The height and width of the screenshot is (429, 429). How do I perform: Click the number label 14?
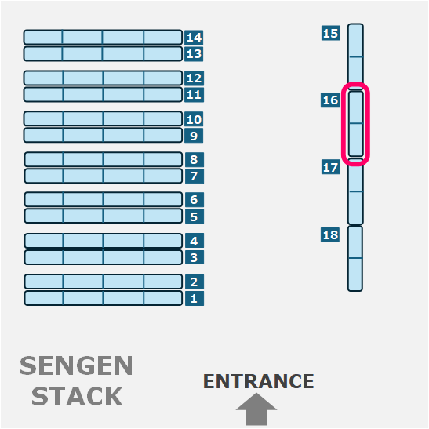point(194,37)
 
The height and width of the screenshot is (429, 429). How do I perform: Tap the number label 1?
point(195,298)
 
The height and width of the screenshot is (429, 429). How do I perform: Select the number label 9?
point(194,136)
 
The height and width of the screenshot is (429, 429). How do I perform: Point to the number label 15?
point(331,33)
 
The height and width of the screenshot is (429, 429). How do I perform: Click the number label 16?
point(330,100)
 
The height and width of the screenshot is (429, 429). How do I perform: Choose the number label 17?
point(331,167)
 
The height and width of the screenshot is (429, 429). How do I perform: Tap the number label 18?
point(330,234)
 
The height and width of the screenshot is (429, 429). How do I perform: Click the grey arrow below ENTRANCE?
point(256,409)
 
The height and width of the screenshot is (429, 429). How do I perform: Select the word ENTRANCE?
point(259,381)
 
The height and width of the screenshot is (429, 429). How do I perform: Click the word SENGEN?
point(76,365)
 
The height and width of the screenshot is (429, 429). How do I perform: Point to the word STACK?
point(77,395)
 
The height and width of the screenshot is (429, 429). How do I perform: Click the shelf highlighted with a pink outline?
point(355,124)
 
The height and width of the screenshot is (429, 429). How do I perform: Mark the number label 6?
point(195,200)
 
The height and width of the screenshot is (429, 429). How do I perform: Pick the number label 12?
point(194,78)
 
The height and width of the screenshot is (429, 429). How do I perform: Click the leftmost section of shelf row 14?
point(43,37)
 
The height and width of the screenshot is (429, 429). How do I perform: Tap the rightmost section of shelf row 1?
point(163,298)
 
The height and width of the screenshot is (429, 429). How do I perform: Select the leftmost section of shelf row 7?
point(44,176)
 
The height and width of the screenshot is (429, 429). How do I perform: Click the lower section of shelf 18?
point(355,274)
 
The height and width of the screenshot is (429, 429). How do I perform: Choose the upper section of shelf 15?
point(356,40)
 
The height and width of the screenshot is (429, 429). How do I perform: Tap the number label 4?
point(195,241)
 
